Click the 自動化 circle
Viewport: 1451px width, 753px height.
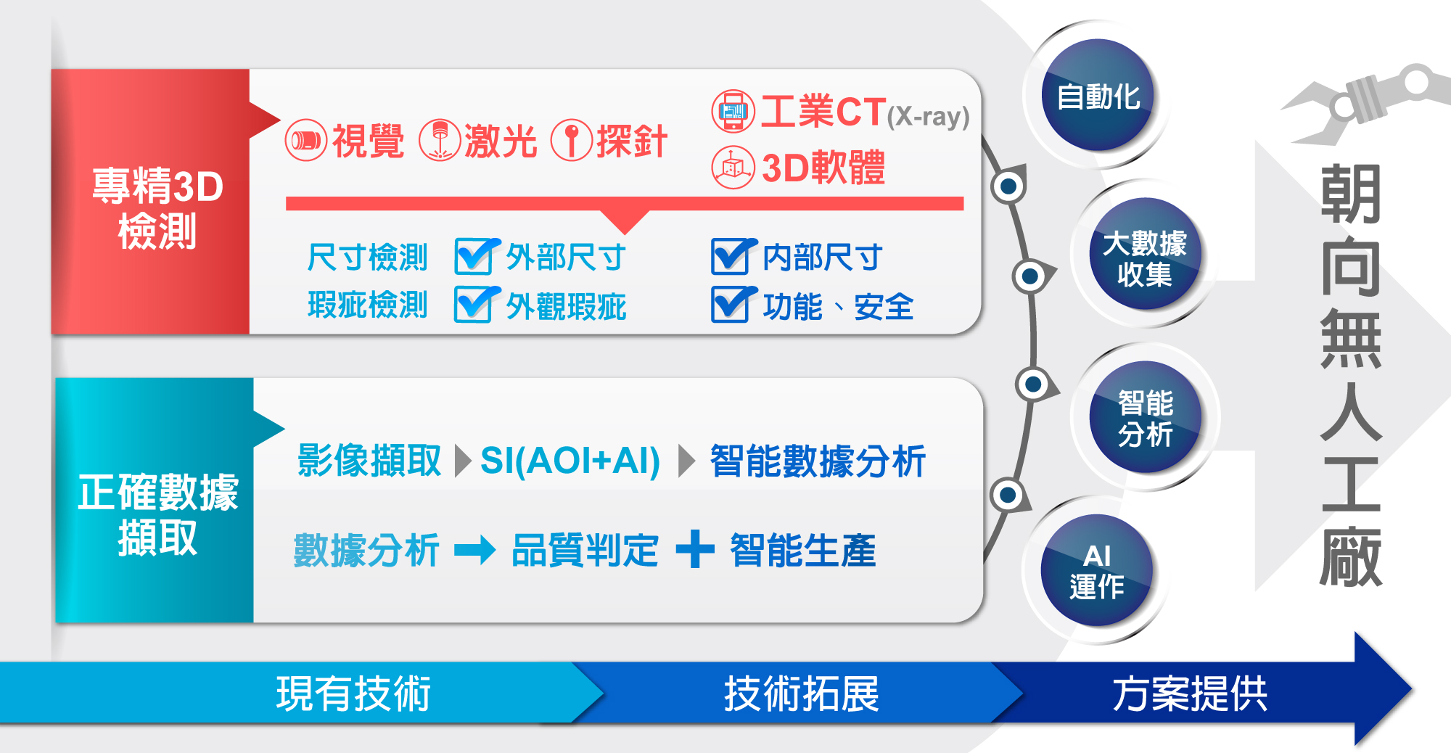[x=1098, y=95]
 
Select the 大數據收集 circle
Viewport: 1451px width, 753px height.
[x=1145, y=254]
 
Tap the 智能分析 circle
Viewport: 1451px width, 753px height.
[x=1145, y=417]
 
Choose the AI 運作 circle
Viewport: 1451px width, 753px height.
[x=1097, y=570]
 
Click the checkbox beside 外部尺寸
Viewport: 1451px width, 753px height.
[x=477, y=256]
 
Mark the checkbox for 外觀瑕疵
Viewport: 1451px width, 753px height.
[x=477, y=304]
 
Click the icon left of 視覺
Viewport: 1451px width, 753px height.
[x=306, y=140]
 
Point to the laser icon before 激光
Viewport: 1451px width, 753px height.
[x=440, y=140]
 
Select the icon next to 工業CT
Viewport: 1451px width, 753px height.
[x=733, y=111]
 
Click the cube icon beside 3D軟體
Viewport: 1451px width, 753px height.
[x=733, y=168]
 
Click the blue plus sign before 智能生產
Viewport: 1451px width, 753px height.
[x=695, y=548]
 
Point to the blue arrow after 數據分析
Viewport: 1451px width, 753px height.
[x=475, y=550]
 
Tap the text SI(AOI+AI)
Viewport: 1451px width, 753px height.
[x=570, y=461]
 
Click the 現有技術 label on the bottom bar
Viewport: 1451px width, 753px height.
[x=353, y=694]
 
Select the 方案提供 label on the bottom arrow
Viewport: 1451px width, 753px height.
[x=1190, y=694]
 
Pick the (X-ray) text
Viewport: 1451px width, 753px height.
[x=928, y=116]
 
